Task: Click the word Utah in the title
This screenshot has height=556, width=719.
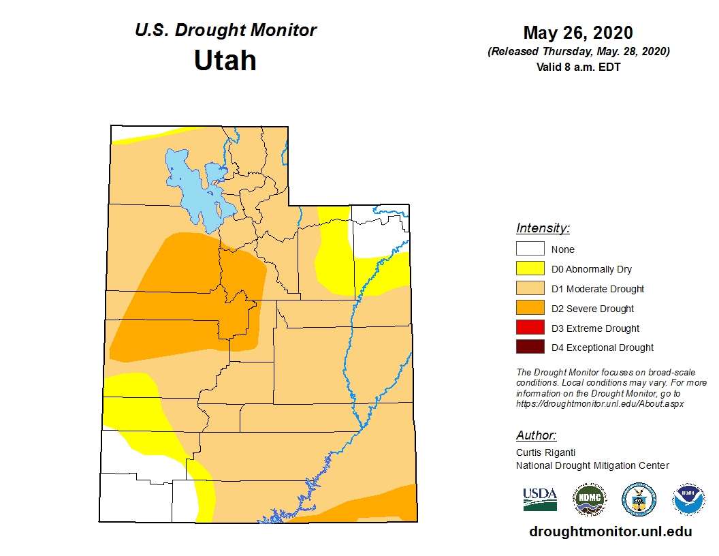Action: click(x=225, y=61)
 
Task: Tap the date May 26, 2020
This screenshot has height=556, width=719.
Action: click(x=578, y=33)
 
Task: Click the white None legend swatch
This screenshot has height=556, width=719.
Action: click(x=530, y=249)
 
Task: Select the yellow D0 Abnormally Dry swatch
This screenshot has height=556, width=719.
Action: click(x=530, y=269)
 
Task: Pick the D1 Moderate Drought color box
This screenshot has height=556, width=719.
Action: click(x=530, y=289)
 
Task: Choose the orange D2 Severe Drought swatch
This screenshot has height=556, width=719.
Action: click(x=530, y=309)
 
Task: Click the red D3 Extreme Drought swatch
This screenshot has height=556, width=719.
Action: click(x=530, y=328)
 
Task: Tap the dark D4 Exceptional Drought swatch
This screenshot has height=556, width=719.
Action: click(x=530, y=347)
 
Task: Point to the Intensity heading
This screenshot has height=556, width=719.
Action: click(x=543, y=228)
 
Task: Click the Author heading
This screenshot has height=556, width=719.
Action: click(x=536, y=435)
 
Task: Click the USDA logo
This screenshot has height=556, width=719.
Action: click(x=540, y=499)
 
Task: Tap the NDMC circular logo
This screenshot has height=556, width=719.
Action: click(x=589, y=499)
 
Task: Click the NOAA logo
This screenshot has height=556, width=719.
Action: click(x=688, y=499)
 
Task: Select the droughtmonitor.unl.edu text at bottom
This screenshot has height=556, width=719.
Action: click(x=610, y=532)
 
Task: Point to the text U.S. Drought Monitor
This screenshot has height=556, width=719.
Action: click(x=225, y=31)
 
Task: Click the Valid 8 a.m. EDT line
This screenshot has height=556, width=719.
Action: click(x=578, y=67)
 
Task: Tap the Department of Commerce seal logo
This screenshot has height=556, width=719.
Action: click(x=639, y=499)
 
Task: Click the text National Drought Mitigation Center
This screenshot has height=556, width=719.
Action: click(x=592, y=465)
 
